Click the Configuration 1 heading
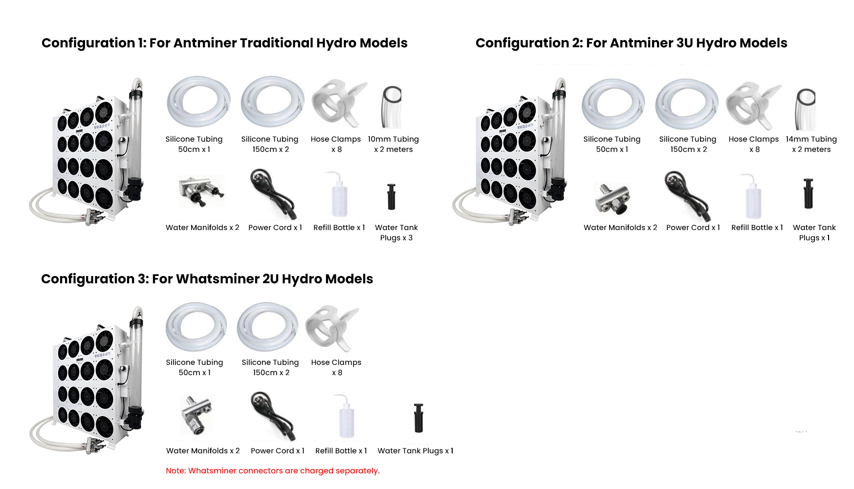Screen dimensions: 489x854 pyautogui.click(x=224, y=43)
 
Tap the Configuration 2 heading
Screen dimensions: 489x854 pyautogui.click(x=631, y=43)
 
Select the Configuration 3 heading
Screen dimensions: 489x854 pyautogui.click(x=207, y=279)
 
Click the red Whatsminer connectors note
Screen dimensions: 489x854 pyautogui.click(x=272, y=470)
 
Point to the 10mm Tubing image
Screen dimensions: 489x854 pyautogui.click(x=392, y=106)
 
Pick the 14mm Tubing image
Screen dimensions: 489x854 pyautogui.click(x=806, y=109)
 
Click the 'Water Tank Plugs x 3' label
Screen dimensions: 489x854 pyautogui.click(x=396, y=233)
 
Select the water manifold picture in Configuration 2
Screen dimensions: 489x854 pyautogui.click(x=613, y=198)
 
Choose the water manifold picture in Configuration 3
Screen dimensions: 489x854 pyautogui.click(x=197, y=415)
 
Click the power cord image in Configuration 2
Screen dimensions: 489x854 pyautogui.click(x=687, y=196)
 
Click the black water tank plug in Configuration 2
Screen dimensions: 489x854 pyautogui.click(x=808, y=193)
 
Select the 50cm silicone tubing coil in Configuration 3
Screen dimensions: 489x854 pyautogui.click(x=196, y=327)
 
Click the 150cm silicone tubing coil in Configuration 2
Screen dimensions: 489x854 pyautogui.click(x=687, y=104)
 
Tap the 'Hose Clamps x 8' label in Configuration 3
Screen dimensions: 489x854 pyautogui.click(x=336, y=367)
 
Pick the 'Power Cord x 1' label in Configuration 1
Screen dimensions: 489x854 pyautogui.click(x=275, y=228)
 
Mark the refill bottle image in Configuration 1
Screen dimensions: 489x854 pyautogui.click(x=339, y=195)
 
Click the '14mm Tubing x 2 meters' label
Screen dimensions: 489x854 pyautogui.click(x=811, y=144)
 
